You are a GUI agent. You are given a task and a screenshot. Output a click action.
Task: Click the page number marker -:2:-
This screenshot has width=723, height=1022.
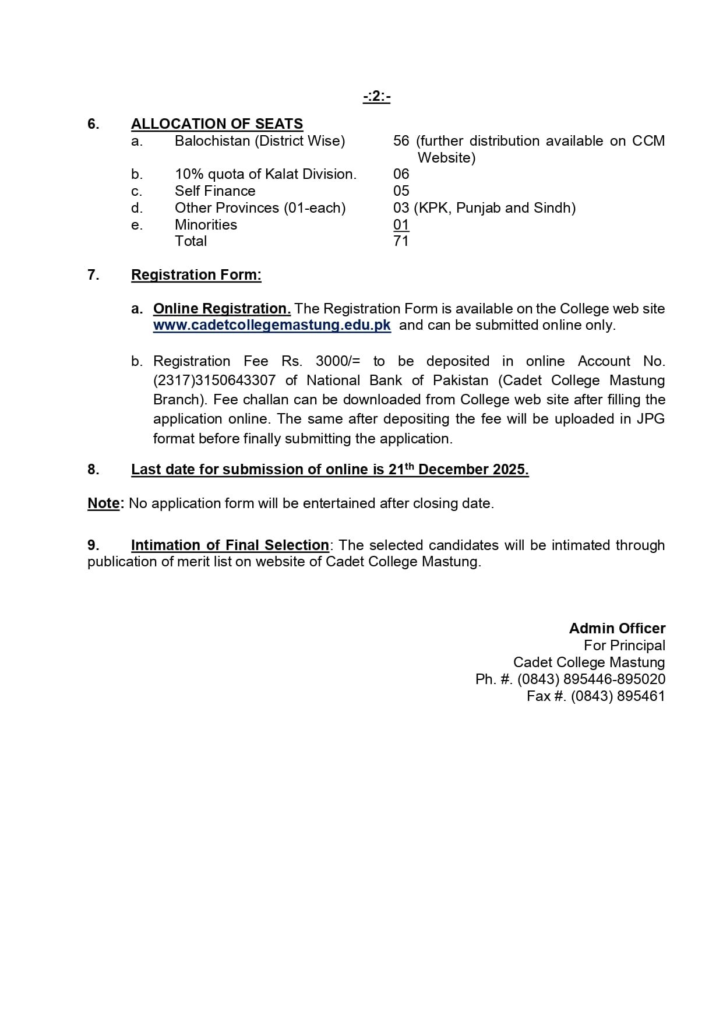(x=376, y=97)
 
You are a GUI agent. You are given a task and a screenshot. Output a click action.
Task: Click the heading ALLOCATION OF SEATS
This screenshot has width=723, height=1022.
(x=217, y=124)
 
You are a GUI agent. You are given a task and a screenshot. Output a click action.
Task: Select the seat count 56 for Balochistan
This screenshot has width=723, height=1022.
(x=401, y=141)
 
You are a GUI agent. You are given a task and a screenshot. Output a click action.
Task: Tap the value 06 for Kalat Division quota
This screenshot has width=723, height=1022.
(x=401, y=174)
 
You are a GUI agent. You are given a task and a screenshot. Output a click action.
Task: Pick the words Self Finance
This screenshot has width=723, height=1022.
(x=215, y=191)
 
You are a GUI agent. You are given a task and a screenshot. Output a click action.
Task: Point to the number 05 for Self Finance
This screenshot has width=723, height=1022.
(x=401, y=191)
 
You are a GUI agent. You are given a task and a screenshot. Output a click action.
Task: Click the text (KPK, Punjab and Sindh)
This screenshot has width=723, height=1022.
(x=495, y=208)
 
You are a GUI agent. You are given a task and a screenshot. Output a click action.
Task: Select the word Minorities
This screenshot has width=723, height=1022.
(x=206, y=225)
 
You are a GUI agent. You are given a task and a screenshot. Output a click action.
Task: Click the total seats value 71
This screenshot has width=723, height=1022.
(x=401, y=241)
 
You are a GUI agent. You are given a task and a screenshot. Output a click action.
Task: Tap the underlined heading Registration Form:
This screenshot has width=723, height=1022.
(x=196, y=275)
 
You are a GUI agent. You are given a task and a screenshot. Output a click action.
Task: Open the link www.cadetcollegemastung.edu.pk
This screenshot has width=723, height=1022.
(x=272, y=325)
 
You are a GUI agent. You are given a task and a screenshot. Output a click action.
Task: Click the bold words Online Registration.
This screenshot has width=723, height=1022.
(x=222, y=309)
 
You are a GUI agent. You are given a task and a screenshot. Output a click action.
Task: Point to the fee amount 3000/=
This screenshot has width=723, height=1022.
(x=338, y=361)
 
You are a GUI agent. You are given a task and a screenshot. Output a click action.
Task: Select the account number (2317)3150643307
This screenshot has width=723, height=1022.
(x=214, y=380)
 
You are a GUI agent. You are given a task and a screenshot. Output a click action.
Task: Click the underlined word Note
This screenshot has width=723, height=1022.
(x=103, y=503)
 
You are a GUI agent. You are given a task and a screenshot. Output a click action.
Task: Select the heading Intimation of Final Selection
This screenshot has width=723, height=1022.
(x=230, y=545)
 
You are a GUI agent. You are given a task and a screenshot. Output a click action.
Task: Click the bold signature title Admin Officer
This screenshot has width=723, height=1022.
(x=617, y=629)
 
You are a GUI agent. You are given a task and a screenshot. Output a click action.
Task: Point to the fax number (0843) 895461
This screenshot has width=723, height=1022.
(x=618, y=696)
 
